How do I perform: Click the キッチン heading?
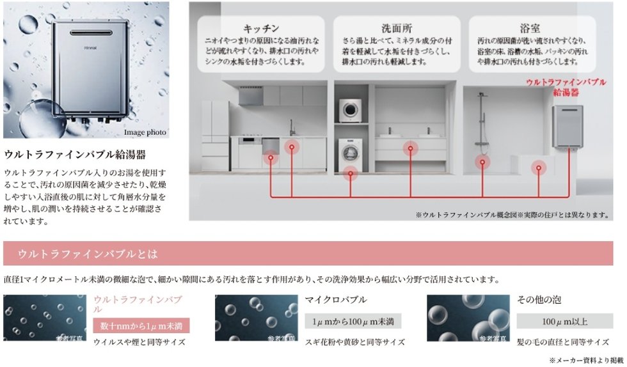(x=261, y=28)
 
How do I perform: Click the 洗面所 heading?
(x=396, y=28)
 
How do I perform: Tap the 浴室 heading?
(x=529, y=28)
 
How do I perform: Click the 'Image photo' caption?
(x=145, y=132)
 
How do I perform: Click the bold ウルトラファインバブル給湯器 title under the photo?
(x=75, y=155)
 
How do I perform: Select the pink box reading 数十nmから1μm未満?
(x=141, y=325)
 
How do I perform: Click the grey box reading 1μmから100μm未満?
(x=353, y=320)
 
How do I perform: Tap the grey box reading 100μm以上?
(x=564, y=320)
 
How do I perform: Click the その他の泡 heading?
(x=539, y=299)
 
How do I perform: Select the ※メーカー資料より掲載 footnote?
(x=585, y=360)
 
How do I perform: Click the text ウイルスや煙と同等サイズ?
(x=139, y=342)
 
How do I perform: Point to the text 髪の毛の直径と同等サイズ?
(x=562, y=342)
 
